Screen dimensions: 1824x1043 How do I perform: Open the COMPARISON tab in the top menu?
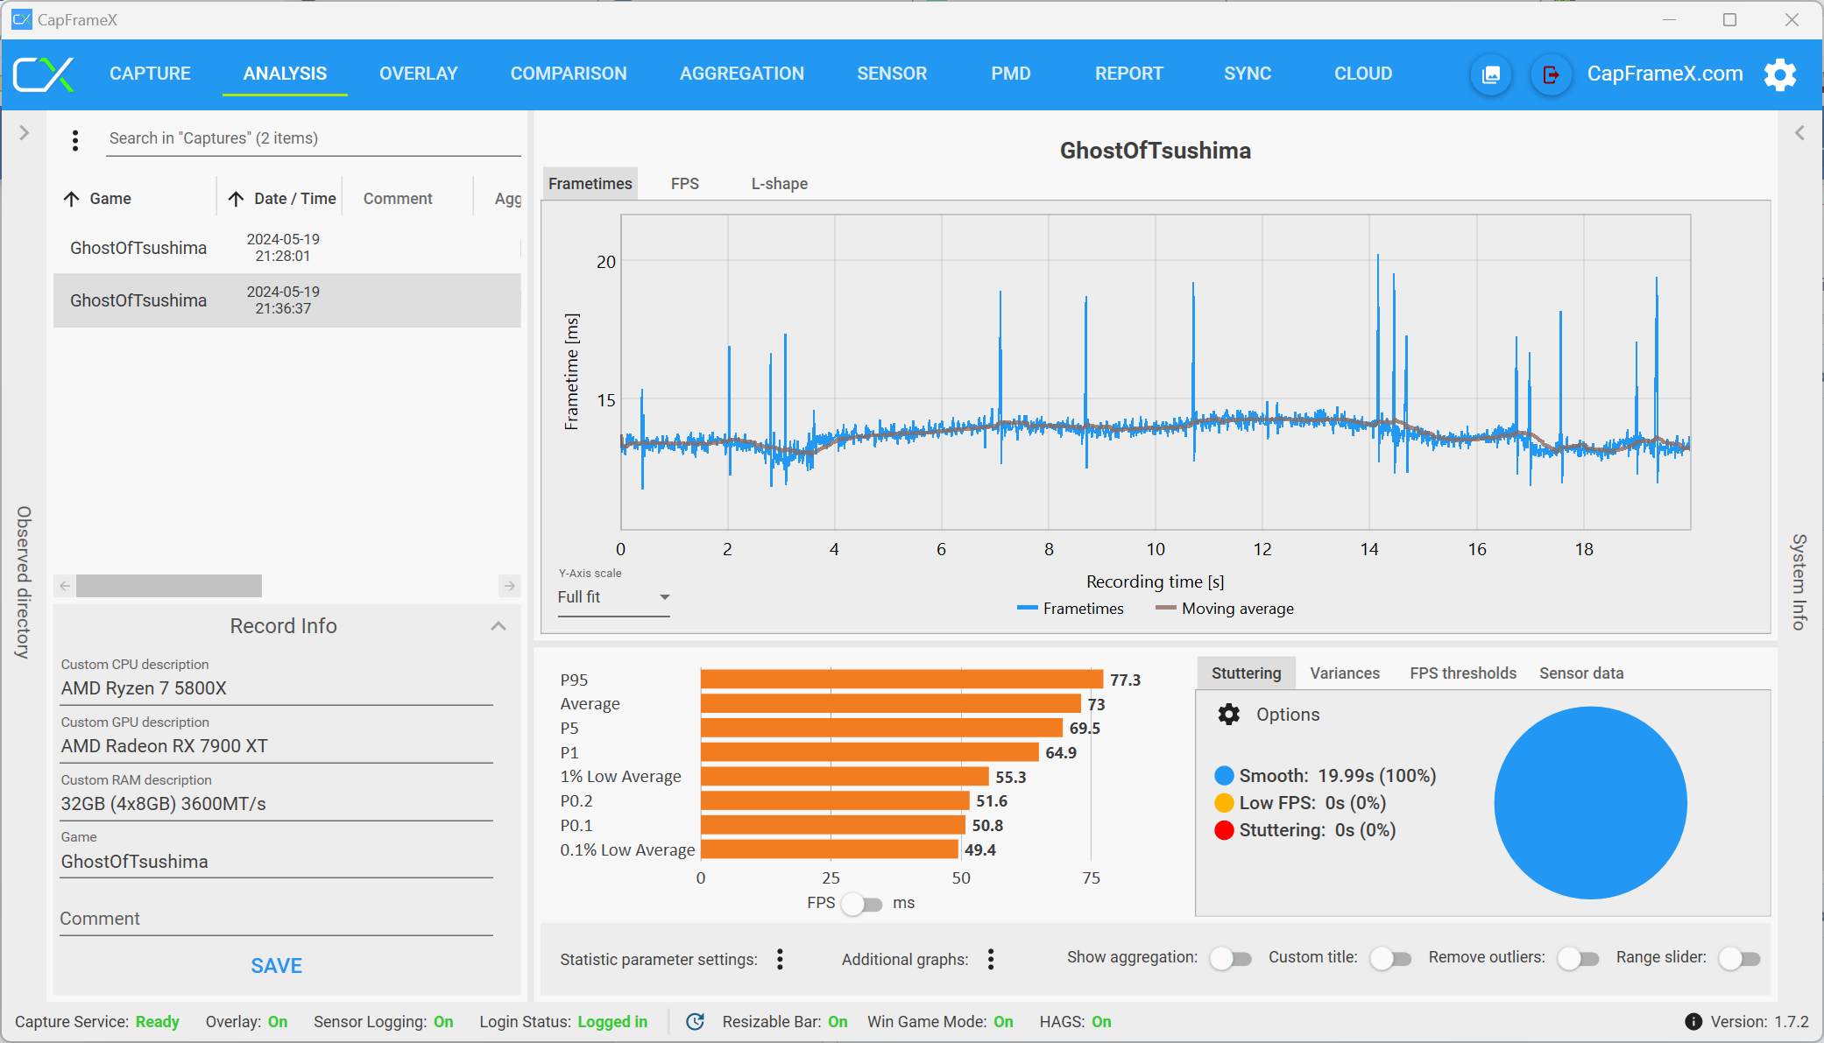coord(569,74)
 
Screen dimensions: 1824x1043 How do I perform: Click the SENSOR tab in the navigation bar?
coord(892,74)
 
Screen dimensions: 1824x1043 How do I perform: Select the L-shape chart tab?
coord(779,184)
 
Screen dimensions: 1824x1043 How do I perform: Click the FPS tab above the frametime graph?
coord(685,184)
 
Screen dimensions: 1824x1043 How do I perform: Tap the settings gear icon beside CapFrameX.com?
coord(1780,74)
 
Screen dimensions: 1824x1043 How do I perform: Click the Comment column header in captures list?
coord(398,199)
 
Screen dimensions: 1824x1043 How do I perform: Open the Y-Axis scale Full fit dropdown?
coord(613,597)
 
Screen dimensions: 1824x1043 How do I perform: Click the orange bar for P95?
coord(901,680)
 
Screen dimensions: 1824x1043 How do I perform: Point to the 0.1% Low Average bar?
coord(829,849)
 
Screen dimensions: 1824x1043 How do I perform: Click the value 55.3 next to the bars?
coord(1010,777)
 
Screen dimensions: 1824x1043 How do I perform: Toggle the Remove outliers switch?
coord(1578,959)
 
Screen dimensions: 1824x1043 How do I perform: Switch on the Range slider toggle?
coord(1739,959)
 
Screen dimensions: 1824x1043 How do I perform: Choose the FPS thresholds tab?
coord(1463,673)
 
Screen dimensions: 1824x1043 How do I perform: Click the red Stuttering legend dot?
coord(1224,830)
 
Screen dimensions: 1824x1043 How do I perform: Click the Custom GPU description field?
coord(277,746)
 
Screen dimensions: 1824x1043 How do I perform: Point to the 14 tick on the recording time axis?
coord(1369,549)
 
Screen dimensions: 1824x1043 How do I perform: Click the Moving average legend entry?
coord(1224,609)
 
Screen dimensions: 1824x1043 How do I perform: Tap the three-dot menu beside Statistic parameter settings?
coord(780,960)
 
